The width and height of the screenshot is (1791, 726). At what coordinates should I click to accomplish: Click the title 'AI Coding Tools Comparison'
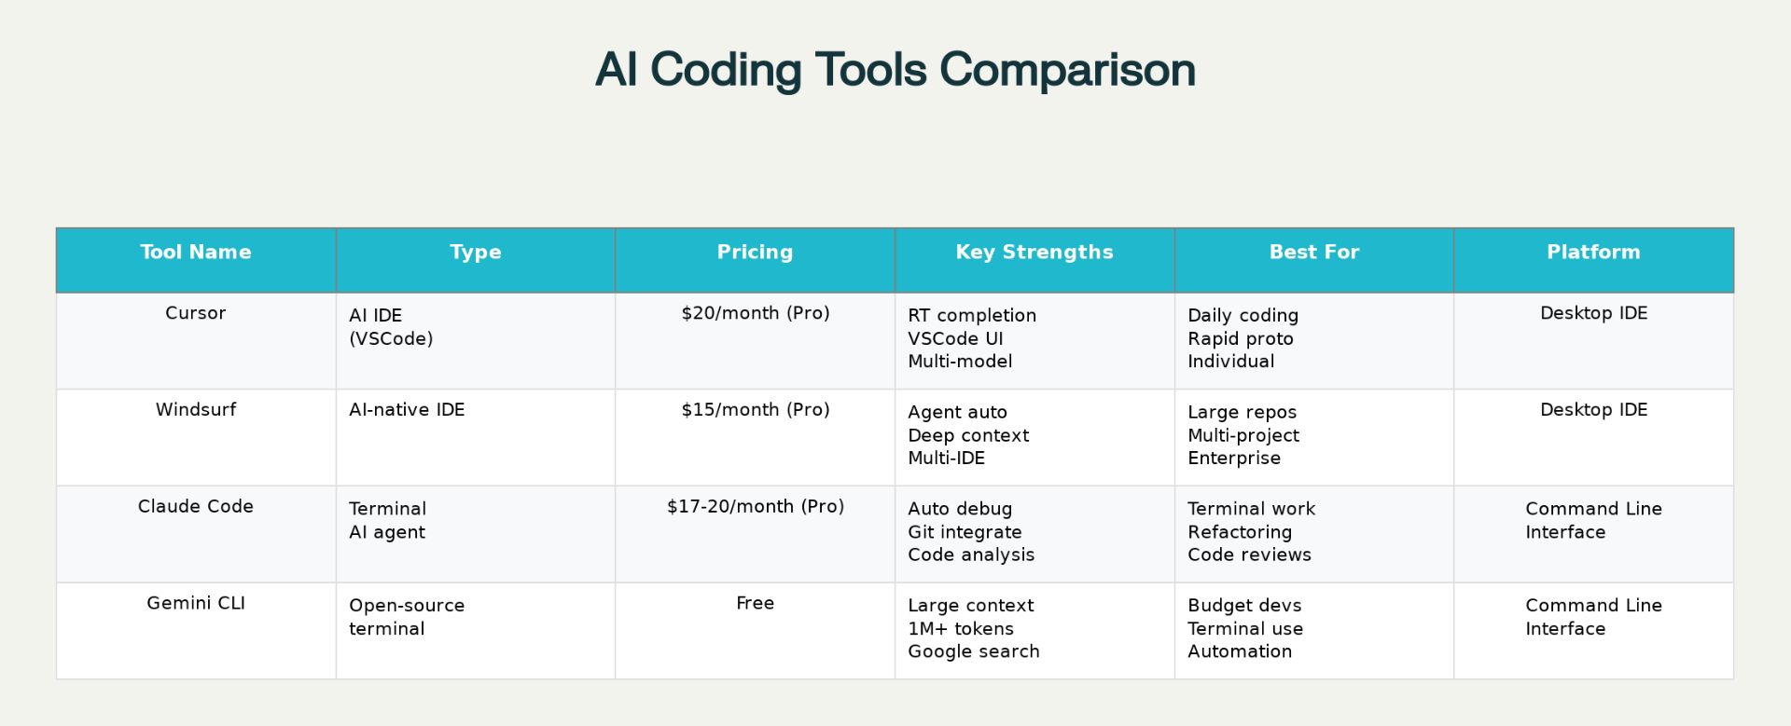(895, 70)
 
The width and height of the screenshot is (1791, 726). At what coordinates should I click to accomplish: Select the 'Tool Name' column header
(196, 252)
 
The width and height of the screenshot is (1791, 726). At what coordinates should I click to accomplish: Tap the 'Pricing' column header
(755, 252)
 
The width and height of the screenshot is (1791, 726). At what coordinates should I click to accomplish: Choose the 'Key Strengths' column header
(1034, 252)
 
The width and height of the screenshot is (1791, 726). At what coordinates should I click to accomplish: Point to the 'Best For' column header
(1314, 252)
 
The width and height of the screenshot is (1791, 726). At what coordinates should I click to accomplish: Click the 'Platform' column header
(1593, 252)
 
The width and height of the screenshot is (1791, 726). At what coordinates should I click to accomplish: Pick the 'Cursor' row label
(196, 313)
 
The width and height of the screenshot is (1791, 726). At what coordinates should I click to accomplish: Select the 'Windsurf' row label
(196, 409)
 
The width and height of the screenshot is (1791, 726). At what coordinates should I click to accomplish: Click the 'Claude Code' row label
(196, 506)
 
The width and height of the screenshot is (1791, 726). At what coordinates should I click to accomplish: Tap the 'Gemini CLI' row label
(196, 603)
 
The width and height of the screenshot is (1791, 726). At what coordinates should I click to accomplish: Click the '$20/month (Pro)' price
(756, 313)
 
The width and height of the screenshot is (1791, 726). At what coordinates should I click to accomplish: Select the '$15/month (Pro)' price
(756, 409)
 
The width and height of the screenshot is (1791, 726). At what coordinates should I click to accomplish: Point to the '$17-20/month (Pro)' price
(756, 506)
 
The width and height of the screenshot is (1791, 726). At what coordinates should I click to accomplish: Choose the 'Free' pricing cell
(756, 603)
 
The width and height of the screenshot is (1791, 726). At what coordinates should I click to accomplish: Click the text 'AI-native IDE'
(407, 409)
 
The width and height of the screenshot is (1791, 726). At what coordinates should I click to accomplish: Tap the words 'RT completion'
(972, 316)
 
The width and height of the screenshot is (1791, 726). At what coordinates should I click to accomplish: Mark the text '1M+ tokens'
(961, 628)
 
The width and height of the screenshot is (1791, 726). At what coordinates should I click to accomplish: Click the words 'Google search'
(974, 651)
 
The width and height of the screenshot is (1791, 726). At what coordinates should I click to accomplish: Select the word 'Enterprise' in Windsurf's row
(1234, 459)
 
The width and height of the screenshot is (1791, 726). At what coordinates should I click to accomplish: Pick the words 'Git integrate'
(965, 532)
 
